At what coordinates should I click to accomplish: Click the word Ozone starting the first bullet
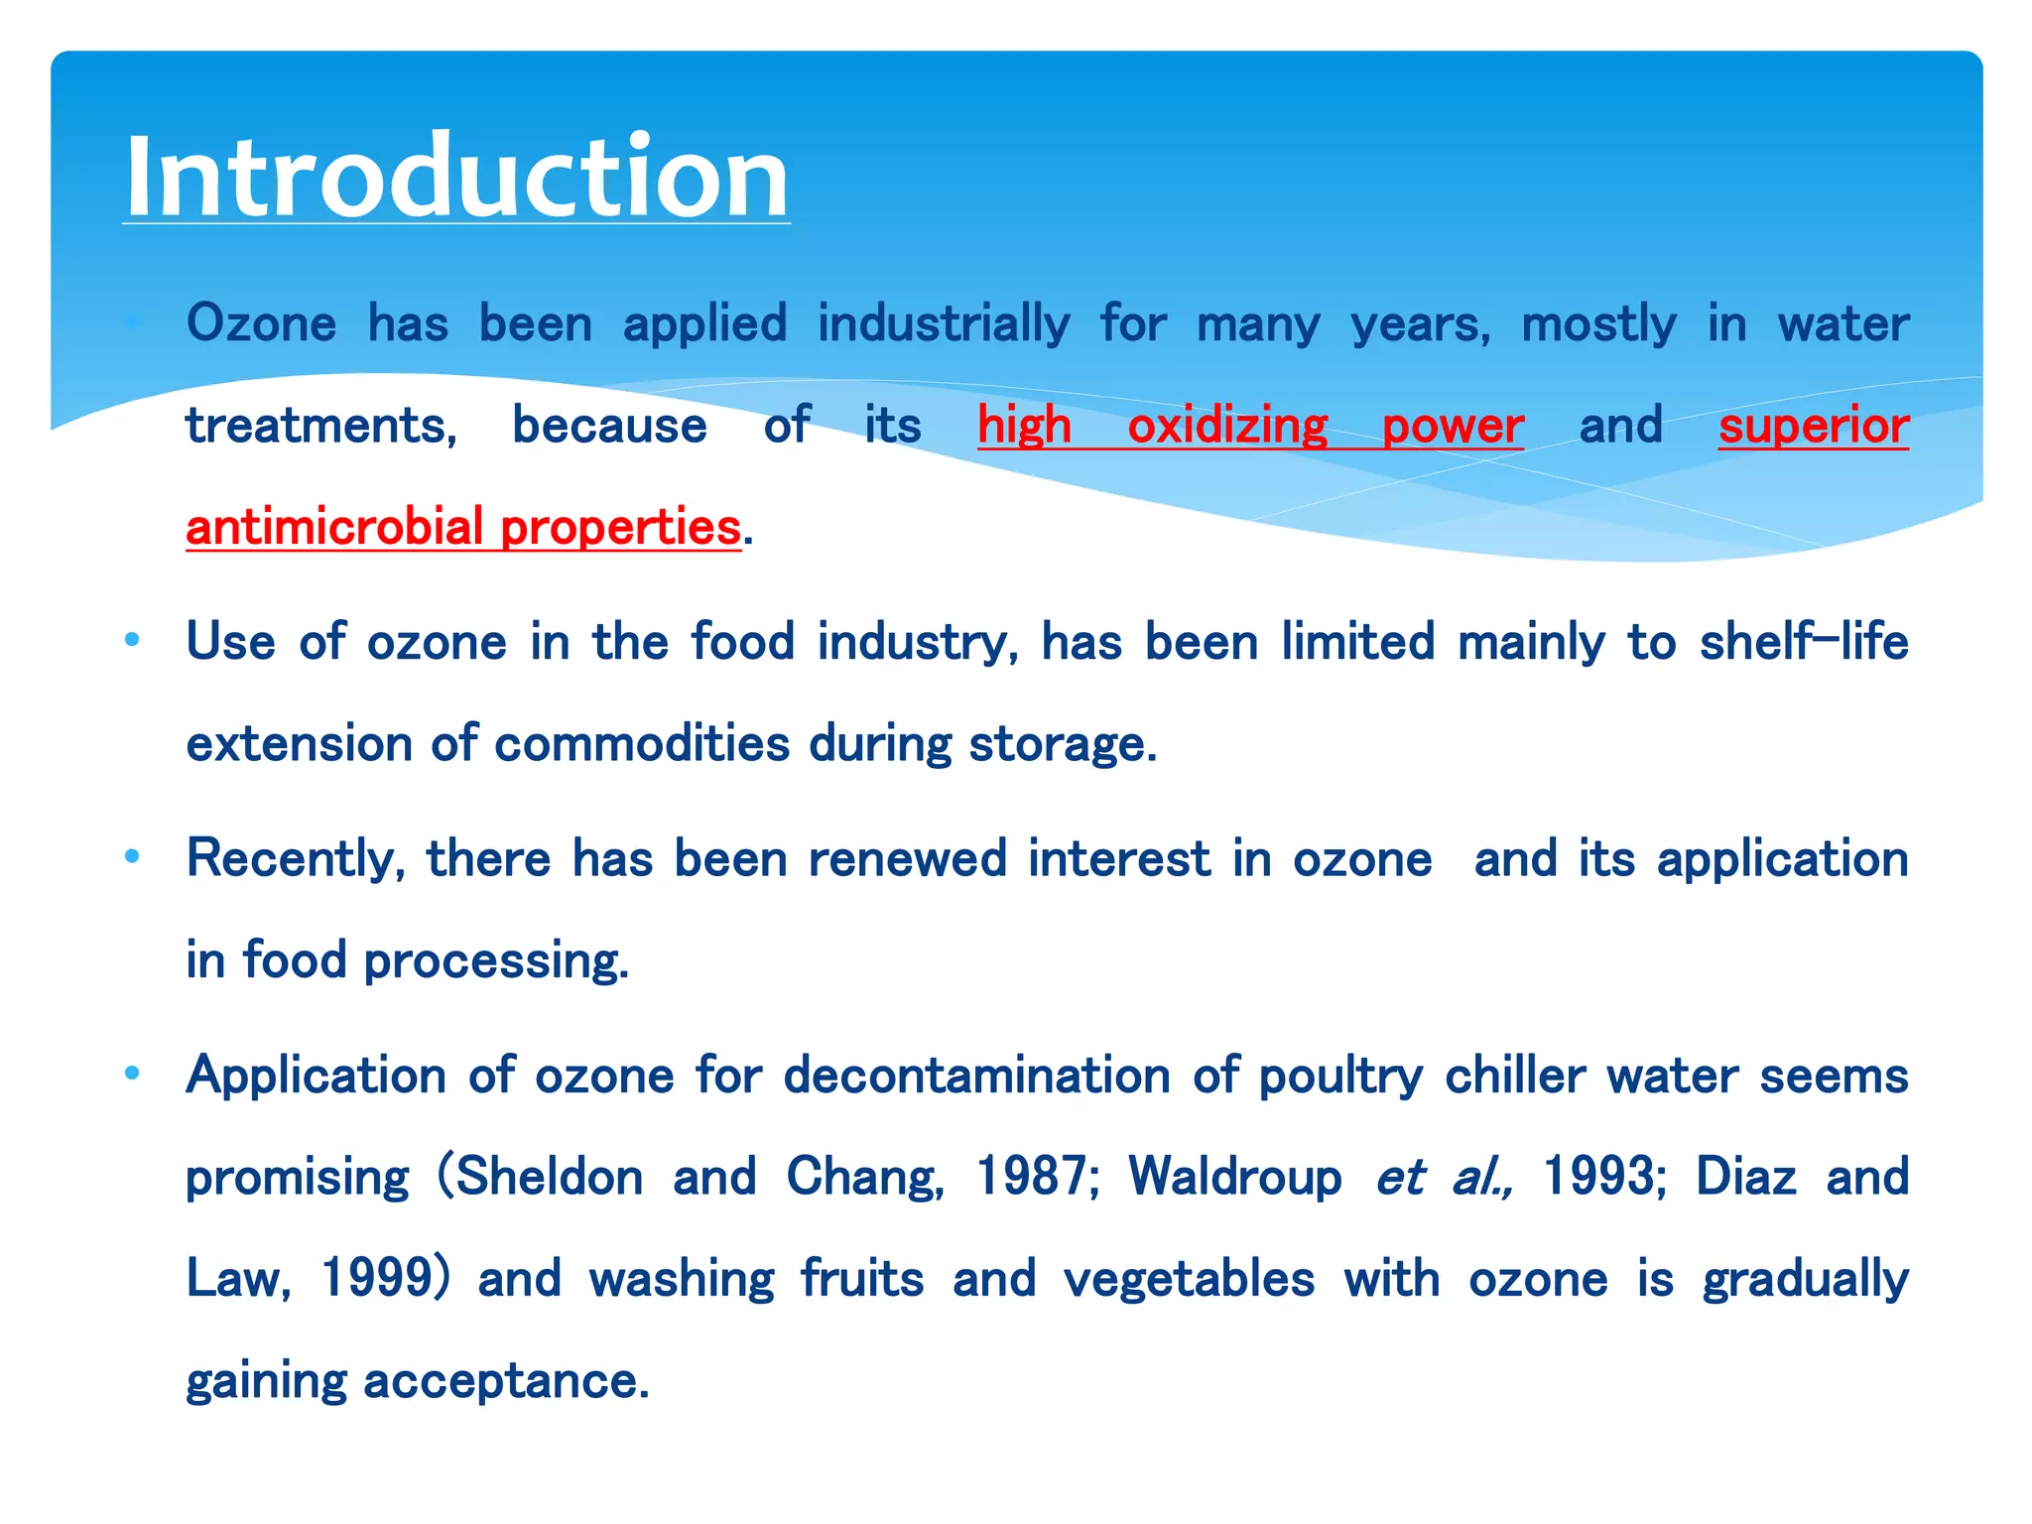pyautogui.click(x=262, y=324)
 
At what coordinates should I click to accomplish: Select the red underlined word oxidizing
pyautogui.click(x=1227, y=427)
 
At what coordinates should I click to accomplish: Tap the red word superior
pyautogui.click(x=1813, y=427)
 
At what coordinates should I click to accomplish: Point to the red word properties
pyautogui.click(x=620, y=527)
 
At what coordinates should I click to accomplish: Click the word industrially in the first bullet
pyautogui.click(x=944, y=324)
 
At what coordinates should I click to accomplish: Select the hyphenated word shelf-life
pyautogui.click(x=1803, y=642)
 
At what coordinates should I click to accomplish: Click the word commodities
pyautogui.click(x=641, y=744)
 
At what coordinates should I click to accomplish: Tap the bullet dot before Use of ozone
pyautogui.click(x=132, y=641)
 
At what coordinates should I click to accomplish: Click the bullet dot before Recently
pyautogui.click(x=132, y=856)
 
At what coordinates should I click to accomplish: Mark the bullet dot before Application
pyautogui.click(x=132, y=1073)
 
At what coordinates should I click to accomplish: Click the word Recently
pyautogui.click(x=295, y=859)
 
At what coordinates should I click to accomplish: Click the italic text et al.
pyautogui.click(x=1444, y=1178)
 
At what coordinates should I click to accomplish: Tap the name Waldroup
pyautogui.click(x=1234, y=1178)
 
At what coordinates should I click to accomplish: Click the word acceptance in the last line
pyautogui.click(x=505, y=1381)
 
